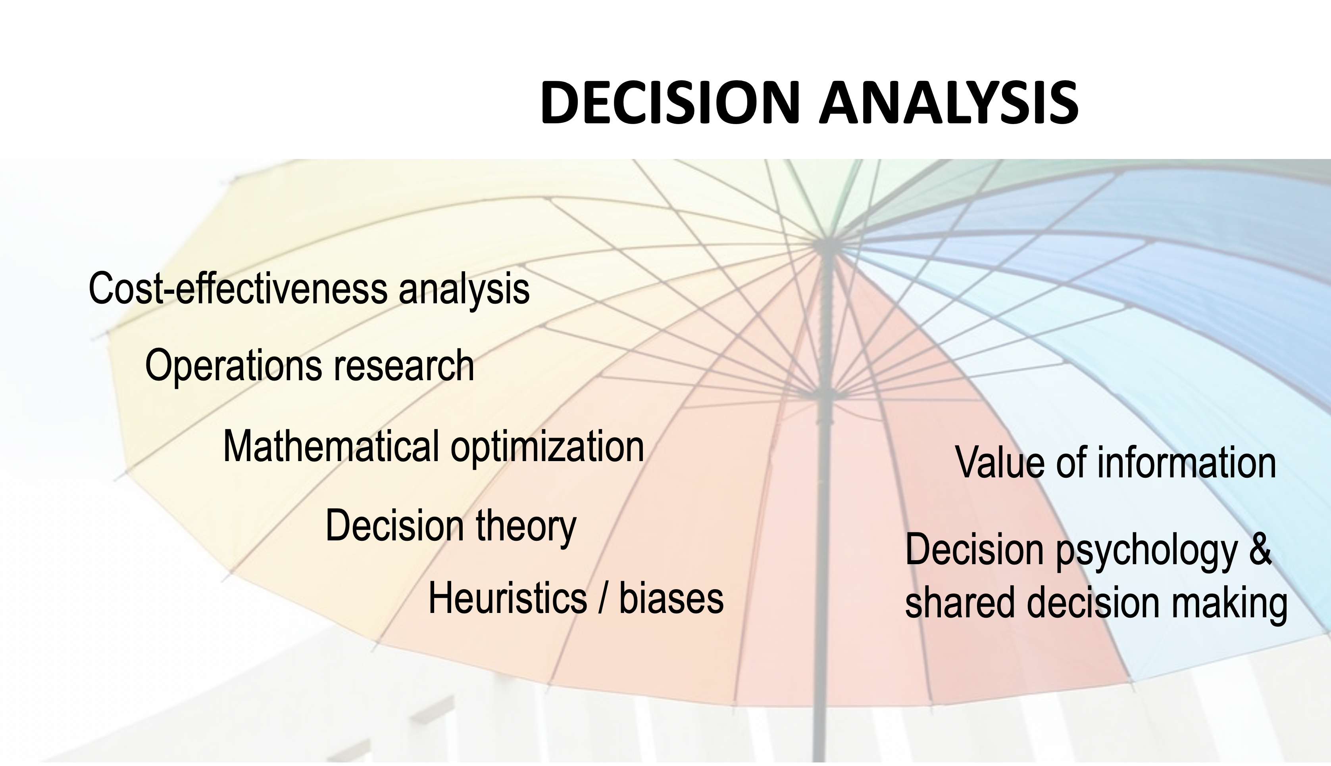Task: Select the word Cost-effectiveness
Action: pyautogui.click(x=238, y=288)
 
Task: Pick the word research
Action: pyautogui.click(x=403, y=366)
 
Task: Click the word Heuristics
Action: pyautogui.click(x=508, y=599)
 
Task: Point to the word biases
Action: pyautogui.click(x=671, y=599)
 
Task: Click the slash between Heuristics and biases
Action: pyautogui.click(x=603, y=599)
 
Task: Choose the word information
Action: pyautogui.click(x=1186, y=462)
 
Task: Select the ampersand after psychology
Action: pyautogui.click(x=1260, y=549)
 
